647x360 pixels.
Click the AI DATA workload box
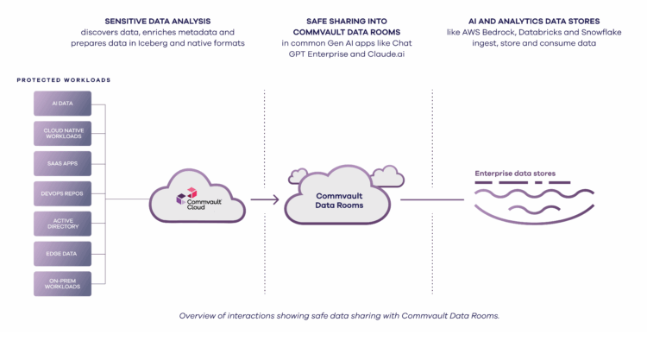point(62,104)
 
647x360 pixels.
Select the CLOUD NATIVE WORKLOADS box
point(62,134)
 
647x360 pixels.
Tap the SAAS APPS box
point(62,163)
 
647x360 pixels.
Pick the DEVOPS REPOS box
point(62,193)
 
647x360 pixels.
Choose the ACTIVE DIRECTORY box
point(62,224)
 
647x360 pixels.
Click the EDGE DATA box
point(62,253)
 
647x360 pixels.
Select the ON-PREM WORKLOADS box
point(62,283)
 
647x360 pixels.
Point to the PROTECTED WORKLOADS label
point(64,80)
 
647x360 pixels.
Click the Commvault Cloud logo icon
point(181,199)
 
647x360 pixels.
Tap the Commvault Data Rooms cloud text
point(339,202)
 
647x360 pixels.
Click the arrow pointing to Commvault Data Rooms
point(264,199)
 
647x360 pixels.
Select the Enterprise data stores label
point(515,174)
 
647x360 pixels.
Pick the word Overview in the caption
point(200,315)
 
